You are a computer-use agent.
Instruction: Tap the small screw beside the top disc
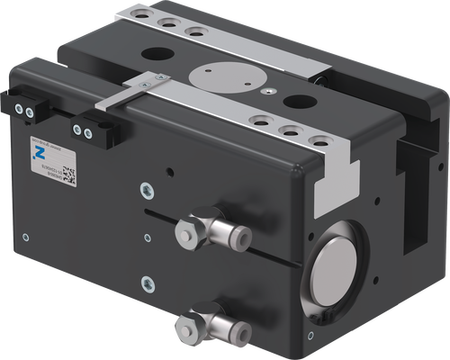267,90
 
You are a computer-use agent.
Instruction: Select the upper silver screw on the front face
147,190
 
